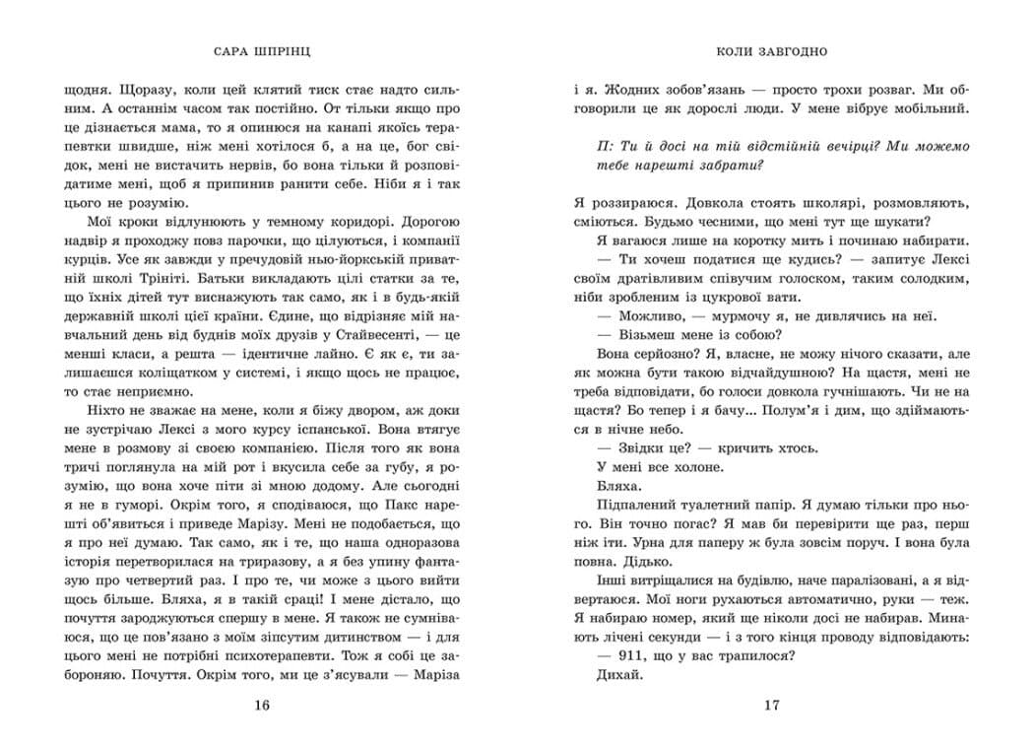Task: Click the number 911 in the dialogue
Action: point(620,655)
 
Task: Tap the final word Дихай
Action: point(620,676)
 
